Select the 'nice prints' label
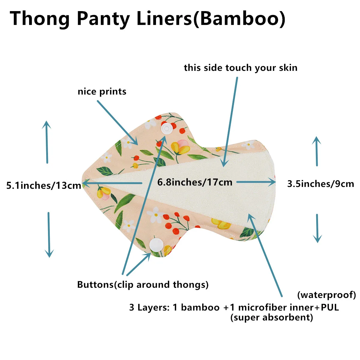click(102, 92)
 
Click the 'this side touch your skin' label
click(241, 68)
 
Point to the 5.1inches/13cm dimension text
click(44, 185)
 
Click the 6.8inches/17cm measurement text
click(195, 182)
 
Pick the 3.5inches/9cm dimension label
click(321, 184)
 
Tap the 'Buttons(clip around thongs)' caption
click(143, 285)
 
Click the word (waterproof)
click(327, 295)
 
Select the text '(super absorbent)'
click(271, 317)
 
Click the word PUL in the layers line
click(330, 307)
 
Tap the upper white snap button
click(166, 128)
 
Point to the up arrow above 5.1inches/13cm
click(47, 142)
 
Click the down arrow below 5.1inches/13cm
click(49, 235)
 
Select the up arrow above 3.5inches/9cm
click(317, 151)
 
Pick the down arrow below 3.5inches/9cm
click(317, 228)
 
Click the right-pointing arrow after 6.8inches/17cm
click(256, 182)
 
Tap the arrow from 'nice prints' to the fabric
click(118, 123)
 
